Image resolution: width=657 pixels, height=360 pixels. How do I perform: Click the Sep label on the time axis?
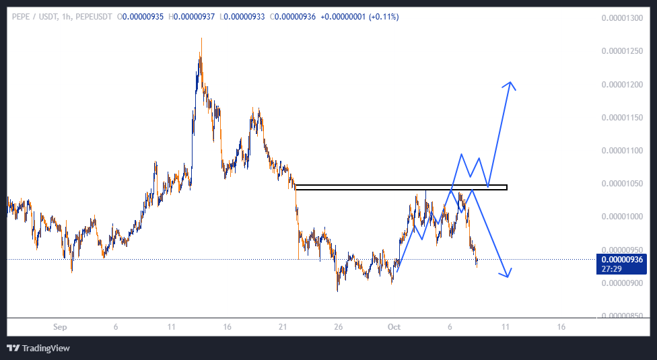(61, 327)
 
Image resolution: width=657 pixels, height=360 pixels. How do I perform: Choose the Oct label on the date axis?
(394, 327)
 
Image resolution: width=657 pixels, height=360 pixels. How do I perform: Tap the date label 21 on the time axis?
(283, 327)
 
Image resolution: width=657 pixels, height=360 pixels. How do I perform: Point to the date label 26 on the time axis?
(339, 327)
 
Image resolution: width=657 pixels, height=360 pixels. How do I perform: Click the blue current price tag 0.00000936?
(622, 259)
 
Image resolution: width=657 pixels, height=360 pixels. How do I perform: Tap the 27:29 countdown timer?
(612, 268)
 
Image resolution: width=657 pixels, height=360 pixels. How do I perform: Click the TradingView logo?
(38, 348)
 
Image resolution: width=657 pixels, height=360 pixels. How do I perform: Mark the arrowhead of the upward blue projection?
(512, 83)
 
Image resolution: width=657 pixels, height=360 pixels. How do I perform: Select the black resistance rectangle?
(401, 187)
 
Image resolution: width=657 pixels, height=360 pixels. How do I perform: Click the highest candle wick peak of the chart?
(201, 39)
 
